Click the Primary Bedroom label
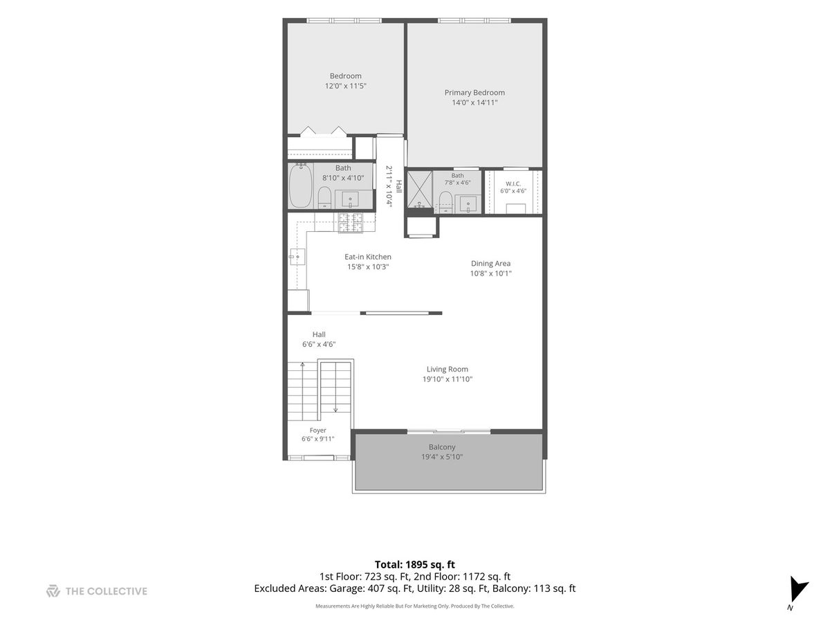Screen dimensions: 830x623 tap(474, 93)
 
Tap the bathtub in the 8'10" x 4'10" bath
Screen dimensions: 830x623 tap(301, 186)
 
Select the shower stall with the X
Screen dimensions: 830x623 tap(419, 190)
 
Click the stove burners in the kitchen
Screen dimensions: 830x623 tap(350, 222)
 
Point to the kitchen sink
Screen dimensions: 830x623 tap(297, 257)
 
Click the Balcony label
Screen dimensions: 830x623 tap(442, 447)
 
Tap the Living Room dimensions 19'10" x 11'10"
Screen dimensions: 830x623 tap(448, 379)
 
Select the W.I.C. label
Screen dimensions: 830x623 tap(513, 184)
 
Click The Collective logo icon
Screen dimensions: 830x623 tap(53, 591)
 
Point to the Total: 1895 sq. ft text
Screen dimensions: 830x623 tap(415, 564)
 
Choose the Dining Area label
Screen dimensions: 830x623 tap(490, 264)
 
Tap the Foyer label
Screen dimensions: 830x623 tap(317, 431)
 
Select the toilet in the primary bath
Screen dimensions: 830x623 tap(445, 202)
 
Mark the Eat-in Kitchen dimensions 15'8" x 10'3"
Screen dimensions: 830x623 tap(368, 267)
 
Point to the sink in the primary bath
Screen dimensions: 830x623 tap(468, 204)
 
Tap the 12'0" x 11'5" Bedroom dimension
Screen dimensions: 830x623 tap(346, 86)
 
